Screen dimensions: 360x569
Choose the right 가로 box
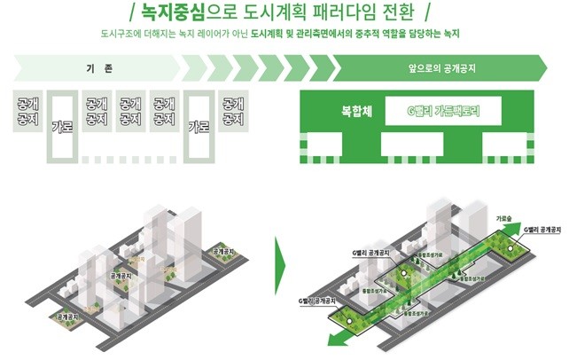(199, 126)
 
